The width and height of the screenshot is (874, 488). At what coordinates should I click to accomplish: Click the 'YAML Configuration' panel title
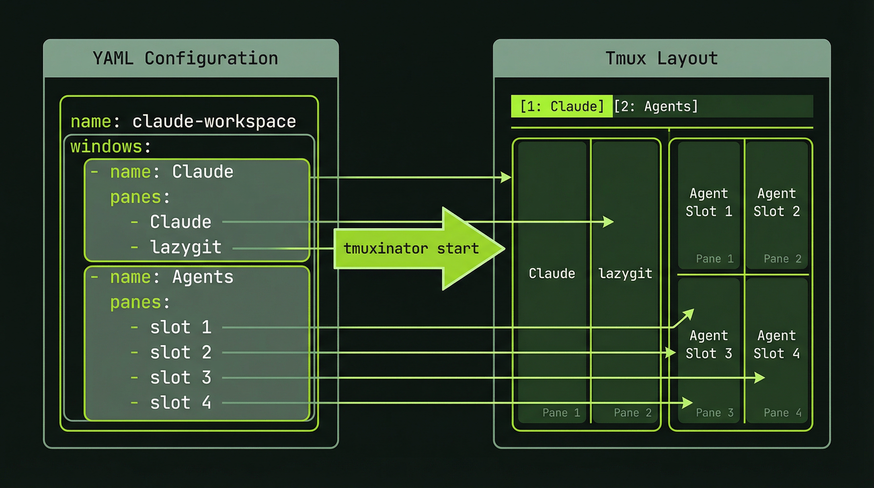[185, 58]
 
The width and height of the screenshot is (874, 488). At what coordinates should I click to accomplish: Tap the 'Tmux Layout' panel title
[661, 58]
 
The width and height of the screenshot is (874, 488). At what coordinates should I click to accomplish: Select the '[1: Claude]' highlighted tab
[561, 106]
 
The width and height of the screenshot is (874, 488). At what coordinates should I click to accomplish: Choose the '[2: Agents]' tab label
[656, 106]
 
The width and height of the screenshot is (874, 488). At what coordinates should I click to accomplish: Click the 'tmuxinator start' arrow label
[411, 248]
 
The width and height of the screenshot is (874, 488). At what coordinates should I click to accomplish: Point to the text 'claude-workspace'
[214, 121]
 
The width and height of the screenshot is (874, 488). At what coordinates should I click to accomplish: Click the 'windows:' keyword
[110, 146]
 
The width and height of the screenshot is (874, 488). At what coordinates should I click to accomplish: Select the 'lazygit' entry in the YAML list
[185, 247]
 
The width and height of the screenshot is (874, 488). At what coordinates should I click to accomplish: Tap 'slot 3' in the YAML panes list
[180, 377]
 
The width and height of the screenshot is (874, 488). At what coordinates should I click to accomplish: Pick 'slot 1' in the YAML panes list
[180, 327]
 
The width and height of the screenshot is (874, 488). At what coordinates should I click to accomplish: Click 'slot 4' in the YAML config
[180, 403]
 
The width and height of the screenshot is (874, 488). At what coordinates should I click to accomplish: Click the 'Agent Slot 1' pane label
[709, 202]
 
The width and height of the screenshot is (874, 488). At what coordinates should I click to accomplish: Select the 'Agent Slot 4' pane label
[777, 344]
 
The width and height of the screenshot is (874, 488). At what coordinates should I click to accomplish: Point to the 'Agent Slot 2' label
[777, 202]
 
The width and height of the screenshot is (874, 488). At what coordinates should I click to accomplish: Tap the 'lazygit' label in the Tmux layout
[625, 274]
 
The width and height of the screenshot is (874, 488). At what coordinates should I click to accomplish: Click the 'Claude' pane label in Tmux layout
[552, 274]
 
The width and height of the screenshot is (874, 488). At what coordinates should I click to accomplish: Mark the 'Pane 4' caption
[783, 413]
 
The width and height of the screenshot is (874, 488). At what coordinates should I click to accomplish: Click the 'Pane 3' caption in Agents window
[715, 413]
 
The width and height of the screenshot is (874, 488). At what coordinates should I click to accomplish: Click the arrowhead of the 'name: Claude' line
[507, 177]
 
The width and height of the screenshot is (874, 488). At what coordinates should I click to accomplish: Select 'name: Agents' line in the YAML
[171, 277]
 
